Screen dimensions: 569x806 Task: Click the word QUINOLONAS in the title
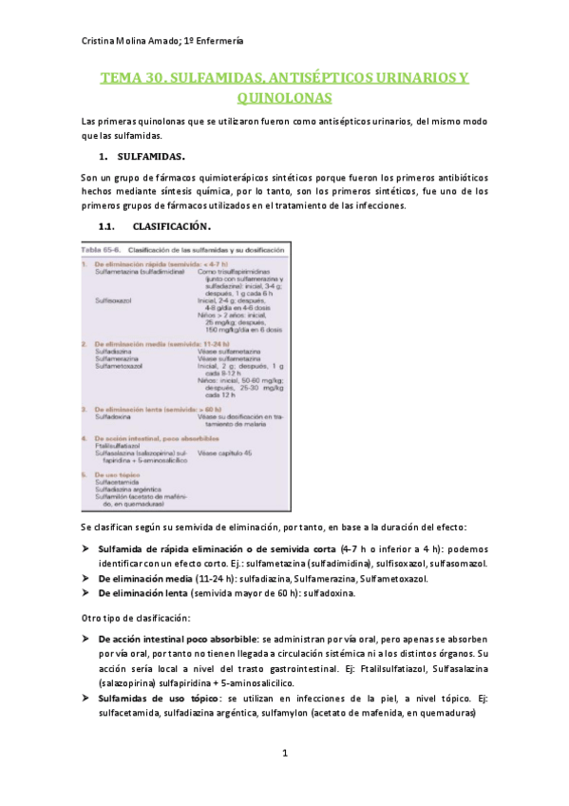[284, 97]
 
